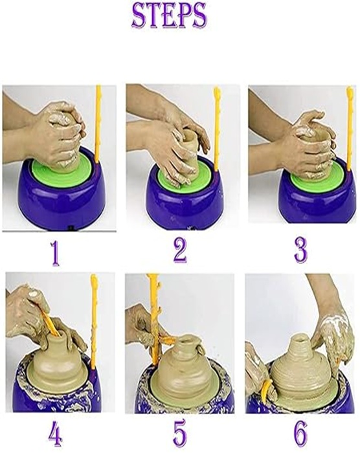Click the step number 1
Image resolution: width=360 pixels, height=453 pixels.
tap(56, 253)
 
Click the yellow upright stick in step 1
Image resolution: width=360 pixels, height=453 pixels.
tap(98, 123)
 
